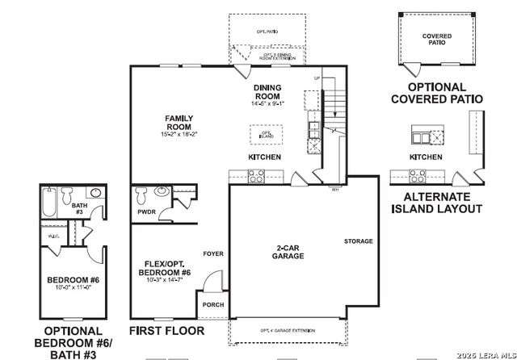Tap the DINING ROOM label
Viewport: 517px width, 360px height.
[267, 91]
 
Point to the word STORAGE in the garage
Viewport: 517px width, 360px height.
[358, 241]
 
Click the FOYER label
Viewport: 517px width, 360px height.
[213, 253]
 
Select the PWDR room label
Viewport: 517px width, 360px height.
[147, 211]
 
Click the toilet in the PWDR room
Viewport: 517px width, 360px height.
[142, 195]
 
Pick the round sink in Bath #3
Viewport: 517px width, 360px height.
[95, 194]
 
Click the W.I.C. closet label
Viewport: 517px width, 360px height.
[49, 236]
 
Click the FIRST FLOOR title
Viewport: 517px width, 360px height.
[167, 331]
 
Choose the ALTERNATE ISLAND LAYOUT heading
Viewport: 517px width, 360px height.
[437, 202]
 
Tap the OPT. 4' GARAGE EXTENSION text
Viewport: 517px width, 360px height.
[288, 331]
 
